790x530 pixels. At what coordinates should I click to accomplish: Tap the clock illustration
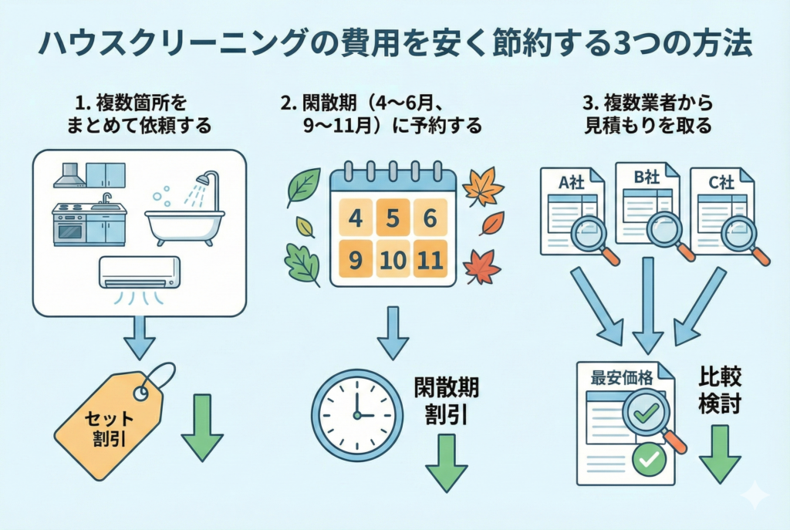coord(356,415)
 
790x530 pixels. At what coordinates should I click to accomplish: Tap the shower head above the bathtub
coord(204,179)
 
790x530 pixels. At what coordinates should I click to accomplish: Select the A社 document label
coord(571,184)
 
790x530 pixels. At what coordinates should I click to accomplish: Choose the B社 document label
coord(646,177)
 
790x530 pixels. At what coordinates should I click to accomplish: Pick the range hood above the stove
coord(69,176)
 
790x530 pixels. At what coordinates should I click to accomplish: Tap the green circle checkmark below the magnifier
coord(648,460)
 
